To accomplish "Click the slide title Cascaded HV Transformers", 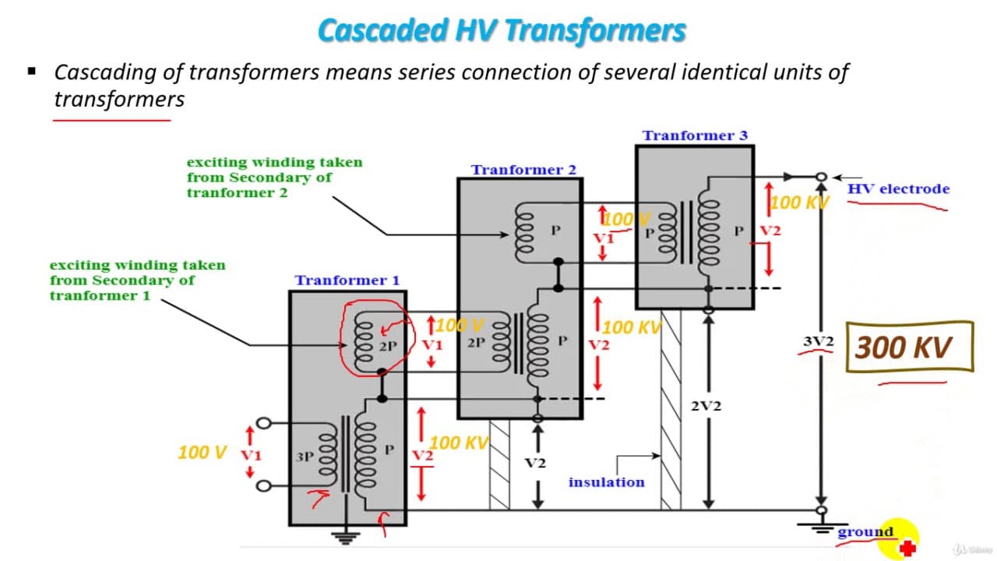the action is point(502,30).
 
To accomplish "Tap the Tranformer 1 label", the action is point(347,280).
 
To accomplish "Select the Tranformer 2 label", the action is point(523,170).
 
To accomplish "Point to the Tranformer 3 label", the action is point(695,136).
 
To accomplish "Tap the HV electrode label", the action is point(898,189).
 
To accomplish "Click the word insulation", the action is point(607,482).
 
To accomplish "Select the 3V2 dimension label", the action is point(818,341).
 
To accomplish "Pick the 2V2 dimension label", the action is point(706,406).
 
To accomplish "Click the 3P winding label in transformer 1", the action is point(305,457).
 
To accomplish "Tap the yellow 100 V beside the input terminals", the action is point(202,453).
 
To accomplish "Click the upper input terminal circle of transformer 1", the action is point(263,423).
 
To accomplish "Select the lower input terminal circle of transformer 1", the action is point(263,485).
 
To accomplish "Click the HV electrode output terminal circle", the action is point(821,177).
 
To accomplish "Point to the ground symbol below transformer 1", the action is point(345,538).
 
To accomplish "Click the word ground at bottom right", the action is point(865,531).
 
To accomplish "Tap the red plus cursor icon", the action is point(907,548).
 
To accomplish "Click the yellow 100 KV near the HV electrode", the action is point(799,203).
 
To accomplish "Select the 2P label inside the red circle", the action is point(388,346).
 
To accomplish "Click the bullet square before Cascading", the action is point(32,71).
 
